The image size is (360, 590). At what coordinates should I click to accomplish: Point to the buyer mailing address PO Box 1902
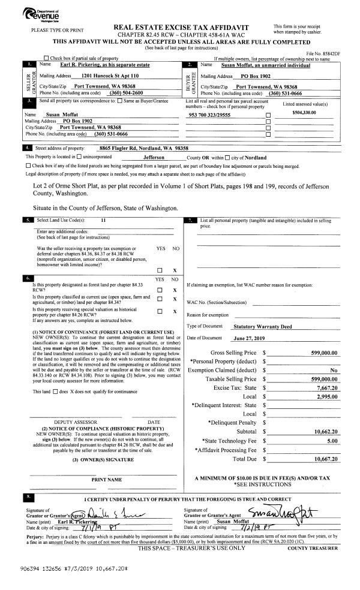pyautogui.click(x=259, y=77)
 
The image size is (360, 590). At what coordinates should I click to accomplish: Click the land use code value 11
pyautogui.click(x=103, y=221)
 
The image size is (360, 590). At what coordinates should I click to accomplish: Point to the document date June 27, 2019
pyautogui.click(x=248, y=338)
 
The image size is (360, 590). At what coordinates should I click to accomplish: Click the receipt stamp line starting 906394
pyautogui.click(x=69, y=565)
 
